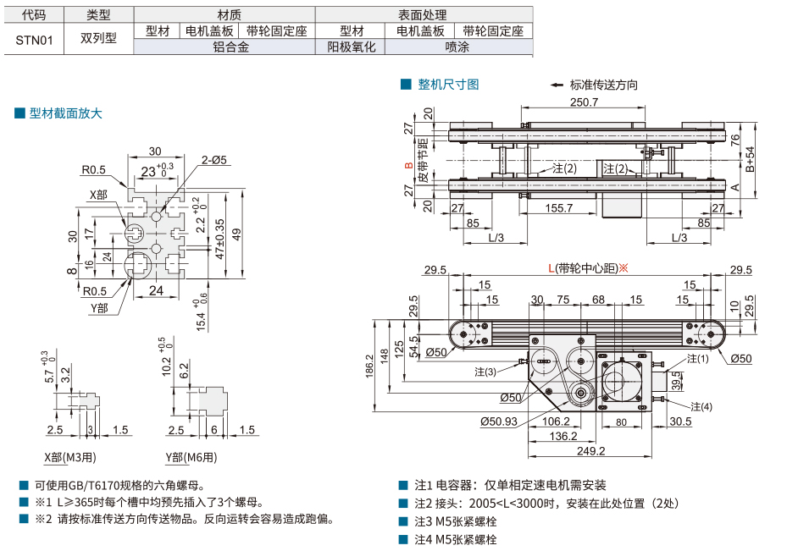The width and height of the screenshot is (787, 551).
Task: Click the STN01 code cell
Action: point(31,39)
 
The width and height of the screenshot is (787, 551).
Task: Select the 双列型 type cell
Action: point(99,39)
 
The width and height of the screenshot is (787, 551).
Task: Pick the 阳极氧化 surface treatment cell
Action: point(351,47)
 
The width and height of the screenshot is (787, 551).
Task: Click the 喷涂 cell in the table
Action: point(457,47)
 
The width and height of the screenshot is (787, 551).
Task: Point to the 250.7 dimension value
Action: point(584,102)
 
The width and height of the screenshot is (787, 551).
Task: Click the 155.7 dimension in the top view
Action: point(559,207)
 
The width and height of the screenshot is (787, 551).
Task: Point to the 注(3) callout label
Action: point(485,371)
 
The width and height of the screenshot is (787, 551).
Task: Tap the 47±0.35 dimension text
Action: point(219,240)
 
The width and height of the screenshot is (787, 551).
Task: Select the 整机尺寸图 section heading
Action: point(448,85)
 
